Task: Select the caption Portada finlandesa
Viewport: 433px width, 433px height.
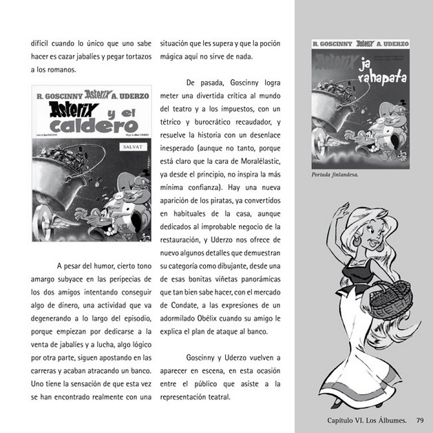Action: tap(336, 175)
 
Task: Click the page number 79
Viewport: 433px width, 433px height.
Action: tap(420, 420)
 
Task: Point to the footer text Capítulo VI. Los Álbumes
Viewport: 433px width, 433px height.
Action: tap(366, 420)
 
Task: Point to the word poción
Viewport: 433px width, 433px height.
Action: tap(268, 43)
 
